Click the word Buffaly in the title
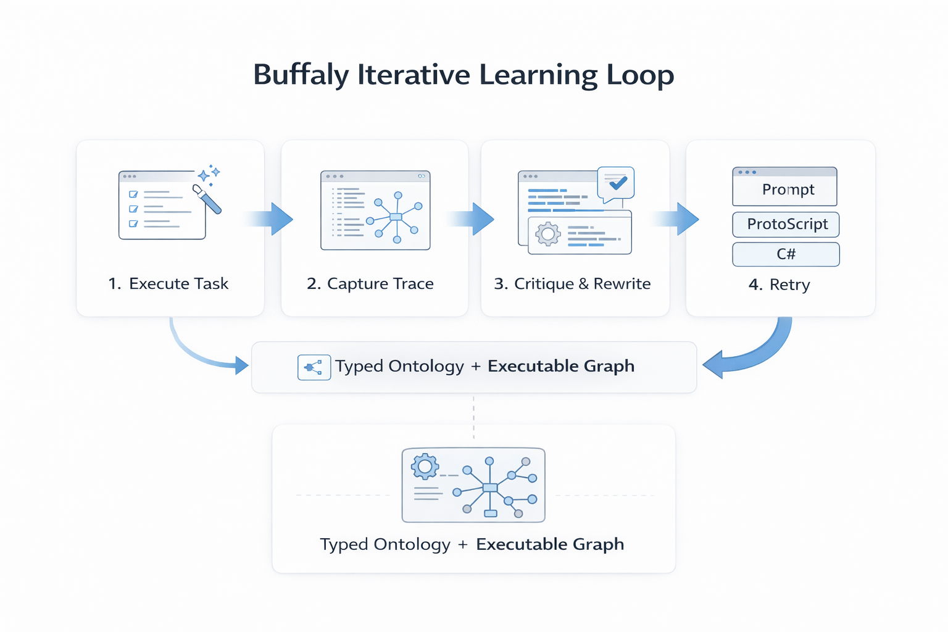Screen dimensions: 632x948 tap(301, 75)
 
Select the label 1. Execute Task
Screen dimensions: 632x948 tap(168, 284)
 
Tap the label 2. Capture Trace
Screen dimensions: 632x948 tap(370, 284)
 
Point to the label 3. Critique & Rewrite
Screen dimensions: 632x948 tap(572, 284)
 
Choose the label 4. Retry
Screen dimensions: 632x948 tap(779, 285)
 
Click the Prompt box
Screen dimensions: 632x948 tap(784, 189)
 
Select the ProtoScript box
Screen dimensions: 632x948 tap(786, 224)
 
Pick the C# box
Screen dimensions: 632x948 tap(786, 254)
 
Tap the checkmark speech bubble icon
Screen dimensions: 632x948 tap(616, 183)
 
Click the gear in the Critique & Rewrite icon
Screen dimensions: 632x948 tap(547, 234)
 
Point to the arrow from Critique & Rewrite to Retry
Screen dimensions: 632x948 tap(677, 218)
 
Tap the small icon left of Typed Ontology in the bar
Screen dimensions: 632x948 tap(314, 367)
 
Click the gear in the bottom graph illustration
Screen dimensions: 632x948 tap(425, 467)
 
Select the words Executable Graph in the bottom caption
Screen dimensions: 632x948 tap(550, 544)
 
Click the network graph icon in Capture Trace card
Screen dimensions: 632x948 tap(396, 217)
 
